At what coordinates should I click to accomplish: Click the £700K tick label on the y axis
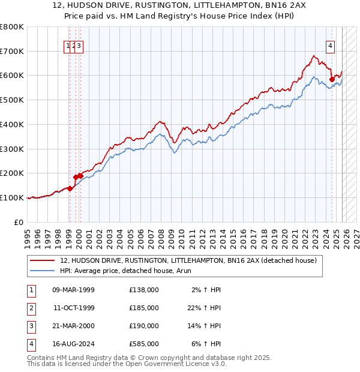[x=12, y=51]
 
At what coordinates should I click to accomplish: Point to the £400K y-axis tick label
[x=12, y=124]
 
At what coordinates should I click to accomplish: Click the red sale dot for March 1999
[x=70, y=188]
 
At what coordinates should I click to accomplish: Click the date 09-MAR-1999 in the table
[x=73, y=290]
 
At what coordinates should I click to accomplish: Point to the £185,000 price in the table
[x=144, y=308]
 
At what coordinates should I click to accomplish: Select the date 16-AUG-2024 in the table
[x=73, y=344]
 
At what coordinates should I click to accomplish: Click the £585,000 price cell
[x=144, y=344]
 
